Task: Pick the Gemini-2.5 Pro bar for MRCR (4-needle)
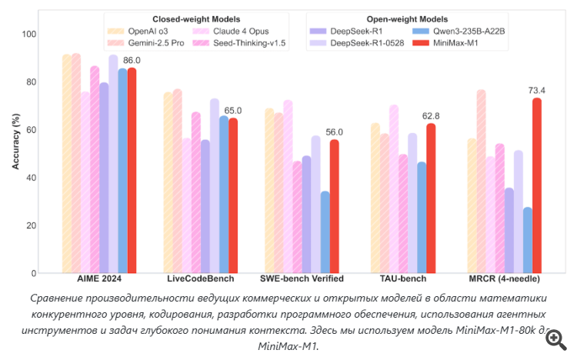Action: pos(481,181)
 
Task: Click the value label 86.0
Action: pos(132,60)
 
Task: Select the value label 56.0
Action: pos(334,132)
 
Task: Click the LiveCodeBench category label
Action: pos(200,278)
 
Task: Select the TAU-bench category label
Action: pos(404,278)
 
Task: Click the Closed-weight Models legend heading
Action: pos(193,18)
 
